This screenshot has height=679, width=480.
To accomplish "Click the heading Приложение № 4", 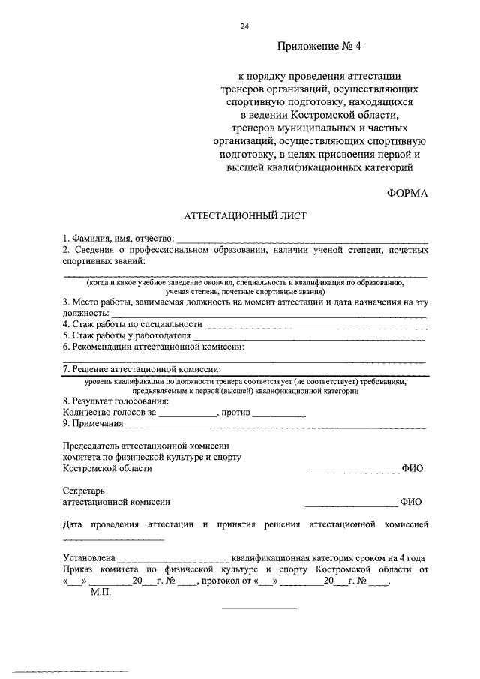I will pos(319,46).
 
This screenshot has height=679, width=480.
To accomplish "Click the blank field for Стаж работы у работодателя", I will pos(309,338).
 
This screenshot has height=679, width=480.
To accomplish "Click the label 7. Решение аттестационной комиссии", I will pos(142,369).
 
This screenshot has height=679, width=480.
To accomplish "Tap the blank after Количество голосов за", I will pos(187,414).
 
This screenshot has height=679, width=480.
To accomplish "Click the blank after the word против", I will pos(279,414).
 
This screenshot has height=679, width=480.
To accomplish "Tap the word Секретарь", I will pos(85,492).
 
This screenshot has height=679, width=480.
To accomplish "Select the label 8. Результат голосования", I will pos(116,401).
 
